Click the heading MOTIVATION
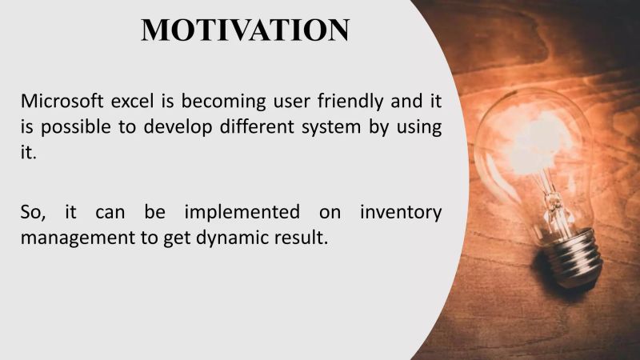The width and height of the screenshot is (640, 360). click(x=245, y=30)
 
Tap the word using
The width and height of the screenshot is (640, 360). click(x=418, y=129)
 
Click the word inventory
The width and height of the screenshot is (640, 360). click(x=400, y=214)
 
